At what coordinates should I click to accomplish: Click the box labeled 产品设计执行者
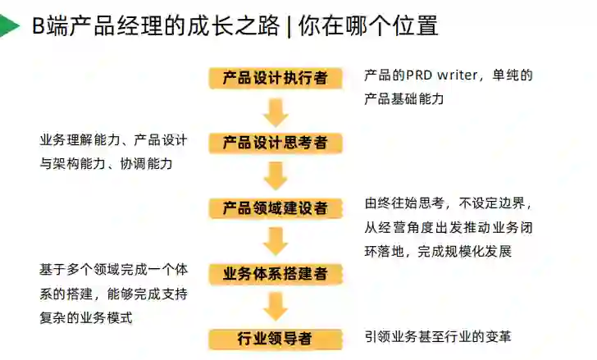pyautogui.click(x=276, y=78)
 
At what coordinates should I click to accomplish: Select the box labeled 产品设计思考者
pyautogui.click(x=276, y=144)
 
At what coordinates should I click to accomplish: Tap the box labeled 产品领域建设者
pyautogui.click(x=276, y=208)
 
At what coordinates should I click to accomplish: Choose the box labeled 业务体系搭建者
pyautogui.click(x=276, y=274)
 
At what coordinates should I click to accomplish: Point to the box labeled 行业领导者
pyautogui.click(x=276, y=339)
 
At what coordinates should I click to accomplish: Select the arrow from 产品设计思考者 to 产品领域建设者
pyautogui.click(x=276, y=175)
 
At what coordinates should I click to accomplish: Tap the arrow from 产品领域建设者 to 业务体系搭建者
pyautogui.click(x=276, y=241)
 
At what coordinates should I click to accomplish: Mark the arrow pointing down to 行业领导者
pyautogui.click(x=276, y=307)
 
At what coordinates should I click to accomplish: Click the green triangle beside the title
pyautogui.click(x=9, y=27)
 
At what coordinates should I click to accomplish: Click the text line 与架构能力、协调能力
pyautogui.click(x=106, y=164)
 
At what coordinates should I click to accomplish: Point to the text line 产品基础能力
pyautogui.click(x=403, y=99)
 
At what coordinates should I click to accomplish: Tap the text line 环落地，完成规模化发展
pyautogui.click(x=438, y=251)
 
